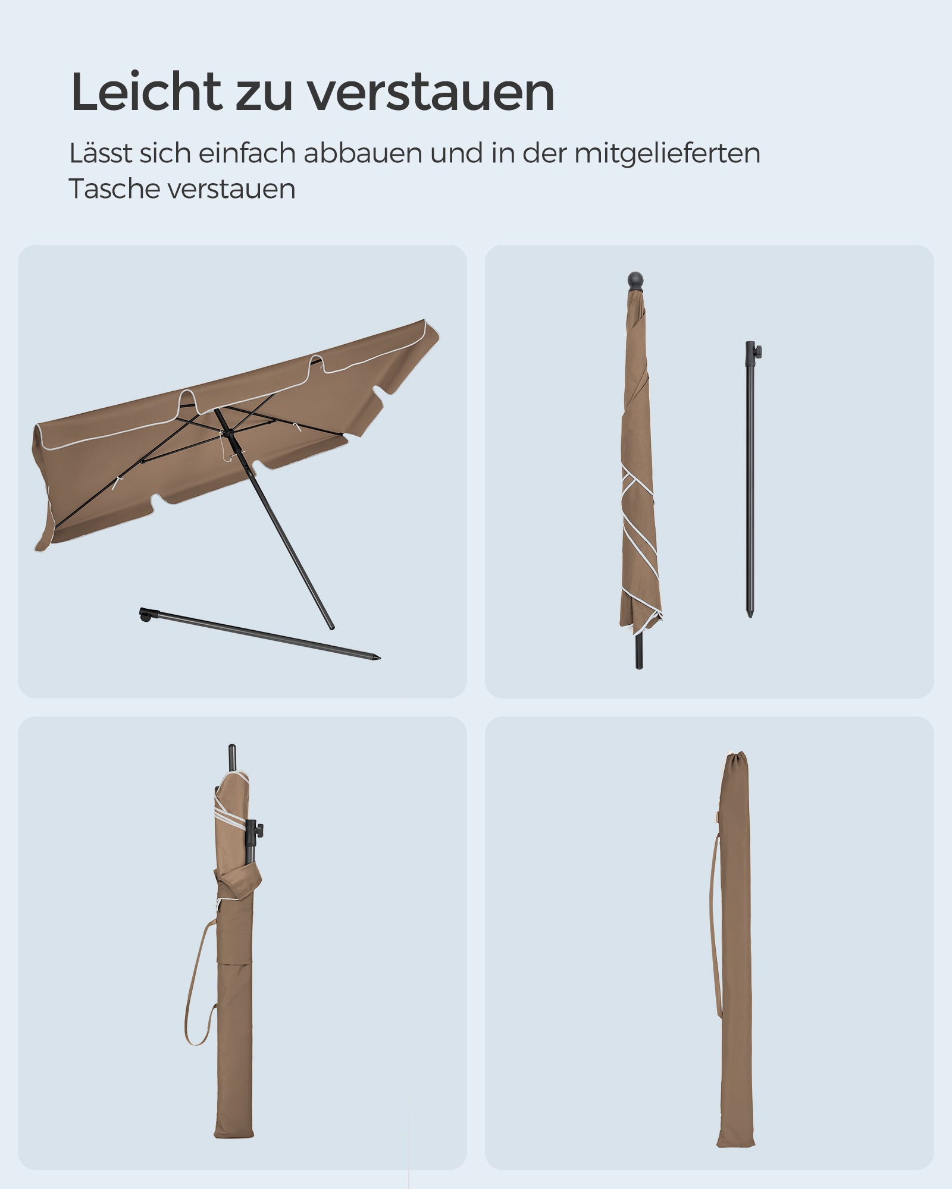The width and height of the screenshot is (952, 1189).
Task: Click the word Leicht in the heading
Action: point(146,92)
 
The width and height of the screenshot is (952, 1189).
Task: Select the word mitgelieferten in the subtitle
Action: point(667,153)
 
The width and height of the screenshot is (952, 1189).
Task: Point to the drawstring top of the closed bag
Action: point(737,759)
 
